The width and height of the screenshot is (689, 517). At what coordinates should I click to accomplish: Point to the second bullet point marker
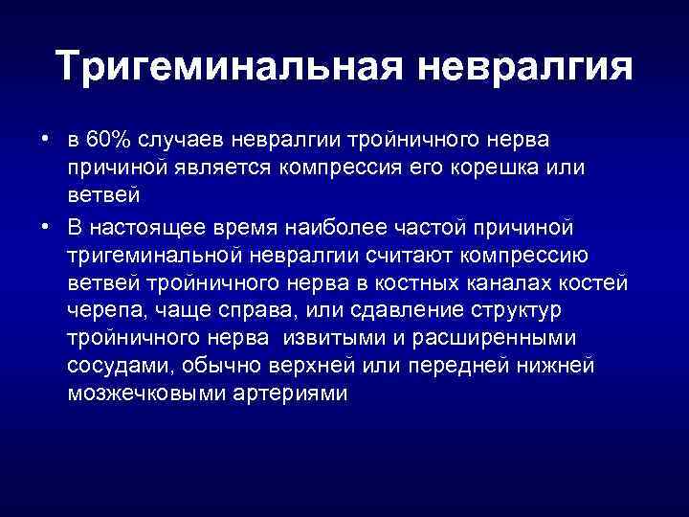[46, 228]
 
